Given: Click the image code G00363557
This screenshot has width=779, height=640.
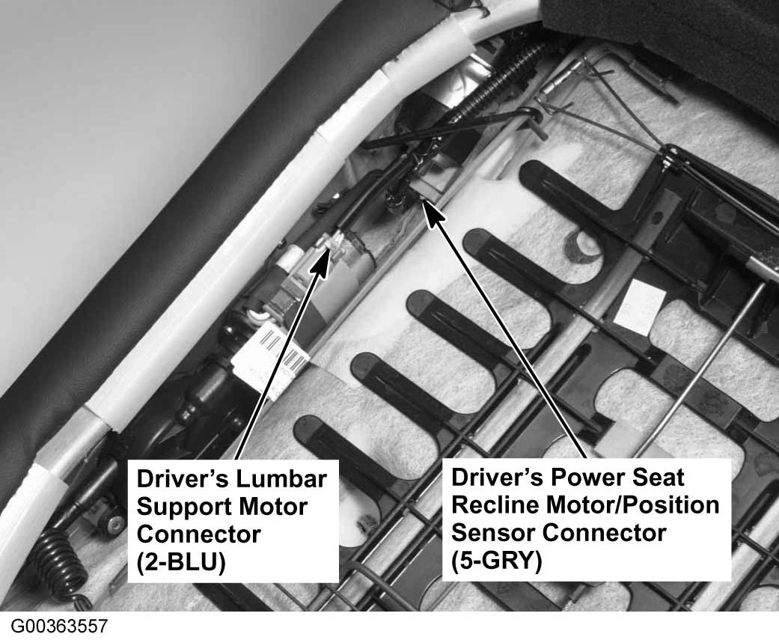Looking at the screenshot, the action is [x=59, y=626].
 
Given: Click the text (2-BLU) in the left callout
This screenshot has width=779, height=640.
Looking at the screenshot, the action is [x=181, y=562].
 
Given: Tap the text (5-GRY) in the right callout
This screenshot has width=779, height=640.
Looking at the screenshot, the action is [x=497, y=561].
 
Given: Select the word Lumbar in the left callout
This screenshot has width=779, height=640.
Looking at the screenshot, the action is [x=281, y=479].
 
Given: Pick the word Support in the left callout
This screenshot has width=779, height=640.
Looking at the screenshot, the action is [x=184, y=508].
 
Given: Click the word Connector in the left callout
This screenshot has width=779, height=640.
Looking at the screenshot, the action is [x=199, y=534].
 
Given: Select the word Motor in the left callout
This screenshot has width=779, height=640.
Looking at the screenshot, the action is [x=272, y=507].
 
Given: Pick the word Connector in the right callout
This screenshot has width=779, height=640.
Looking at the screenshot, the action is [x=603, y=533].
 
